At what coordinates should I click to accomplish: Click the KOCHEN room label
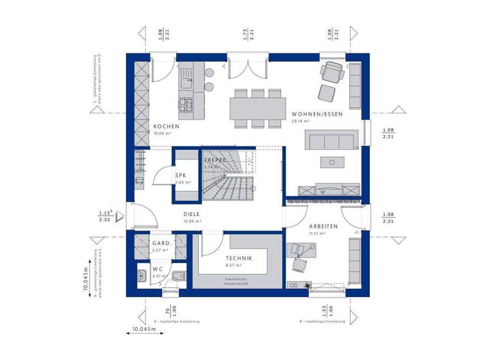click(x=166, y=126)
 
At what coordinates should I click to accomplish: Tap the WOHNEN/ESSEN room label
click(x=317, y=114)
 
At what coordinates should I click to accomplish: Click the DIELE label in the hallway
click(x=192, y=214)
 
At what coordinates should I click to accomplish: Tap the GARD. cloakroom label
click(x=160, y=244)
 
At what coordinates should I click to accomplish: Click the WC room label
click(x=157, y=269)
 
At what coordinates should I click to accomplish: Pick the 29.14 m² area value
click(x=301, y=121)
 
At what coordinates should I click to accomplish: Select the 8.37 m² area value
click(x=233, y=265)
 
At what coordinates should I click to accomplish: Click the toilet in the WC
click(x=178, y=277)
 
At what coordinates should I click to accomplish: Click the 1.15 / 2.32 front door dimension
click(x=105, y=216)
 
